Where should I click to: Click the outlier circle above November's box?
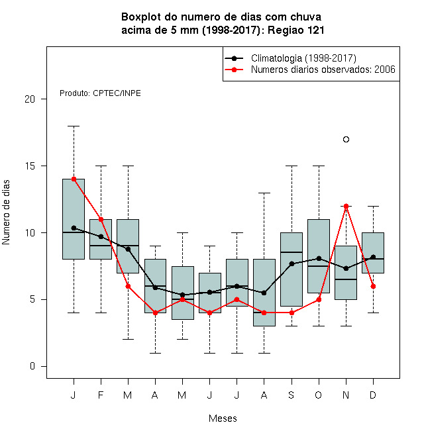click(x=346, y=139)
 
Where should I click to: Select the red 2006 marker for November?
click(x=346, y=206)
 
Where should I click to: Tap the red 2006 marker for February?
click(x=101, y=220)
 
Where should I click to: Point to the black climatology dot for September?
click(x=291, y=264)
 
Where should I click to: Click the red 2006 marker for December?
click(x=373, y=286)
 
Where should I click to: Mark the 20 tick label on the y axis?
click(x=30, y=99)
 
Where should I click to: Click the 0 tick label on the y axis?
click(x=32, y=366)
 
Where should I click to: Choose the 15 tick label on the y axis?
click(x=30, y=166)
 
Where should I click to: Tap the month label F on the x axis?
click(x=101, y=395)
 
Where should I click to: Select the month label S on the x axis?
click(x=291, y=395)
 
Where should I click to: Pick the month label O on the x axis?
click(x=318, y=395)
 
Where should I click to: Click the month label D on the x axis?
click(x=373, y=395)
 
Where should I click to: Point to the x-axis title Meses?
click(x=223, y=418)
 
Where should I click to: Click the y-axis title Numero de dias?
click(x=6, y=212)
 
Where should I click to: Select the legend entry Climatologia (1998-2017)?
click(x=303, y=58)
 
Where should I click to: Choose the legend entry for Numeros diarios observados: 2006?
click(x=323, y=70)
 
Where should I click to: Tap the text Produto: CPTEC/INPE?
click(x=100, y=93)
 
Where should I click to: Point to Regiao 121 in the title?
click(x=296, y=30)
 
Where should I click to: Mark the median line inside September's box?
click(x=291, y=252)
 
